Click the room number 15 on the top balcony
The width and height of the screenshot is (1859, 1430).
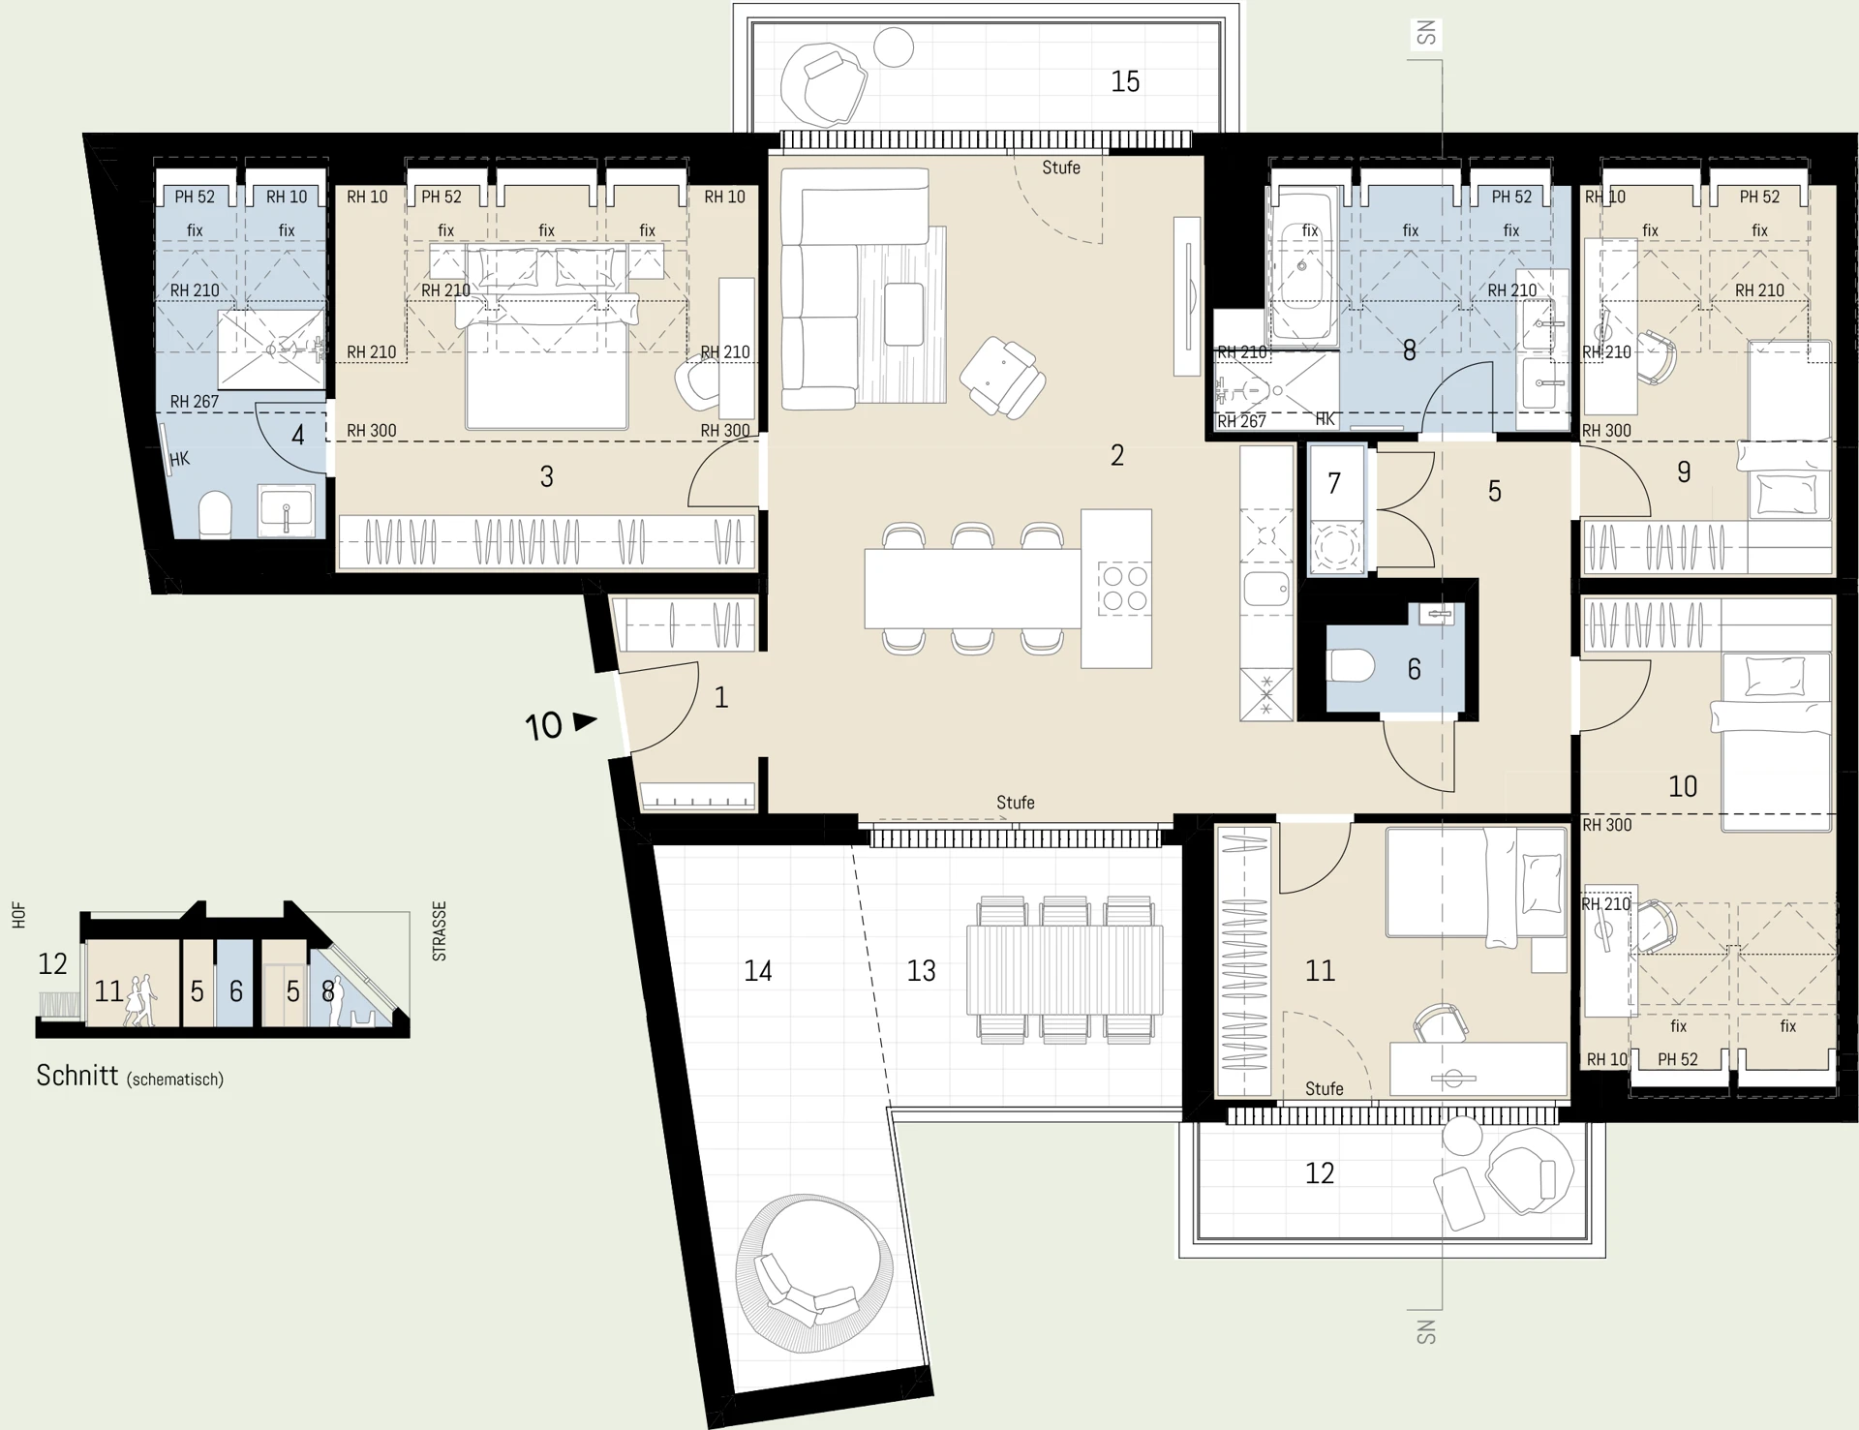[x=1125, y=81]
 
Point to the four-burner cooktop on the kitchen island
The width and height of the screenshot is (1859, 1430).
[x=1123, y=589]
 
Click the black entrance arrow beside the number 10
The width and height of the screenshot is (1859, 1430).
[x=586, y=721]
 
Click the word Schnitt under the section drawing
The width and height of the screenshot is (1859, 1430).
[x=77, y=1076]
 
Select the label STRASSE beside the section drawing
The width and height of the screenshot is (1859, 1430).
[x=440, y=931]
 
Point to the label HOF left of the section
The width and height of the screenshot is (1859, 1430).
[x=18, y=916]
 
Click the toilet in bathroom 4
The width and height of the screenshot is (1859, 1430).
[x=215, y=515]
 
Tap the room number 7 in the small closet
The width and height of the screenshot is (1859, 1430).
[x=1334, y=482]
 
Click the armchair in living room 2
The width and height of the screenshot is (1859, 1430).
[x=1003, y=378]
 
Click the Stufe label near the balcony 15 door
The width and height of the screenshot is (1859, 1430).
[x=1061, y=167]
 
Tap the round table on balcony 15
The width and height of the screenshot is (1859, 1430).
[x=893, y=47]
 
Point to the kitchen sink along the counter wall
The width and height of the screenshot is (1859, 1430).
[x=1266, y=589]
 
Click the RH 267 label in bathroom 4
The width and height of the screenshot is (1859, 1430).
[x=195, y=402]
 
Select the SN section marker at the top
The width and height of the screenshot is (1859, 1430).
[x=1426, y=34]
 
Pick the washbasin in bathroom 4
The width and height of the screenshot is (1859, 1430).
[x=287, y=509]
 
